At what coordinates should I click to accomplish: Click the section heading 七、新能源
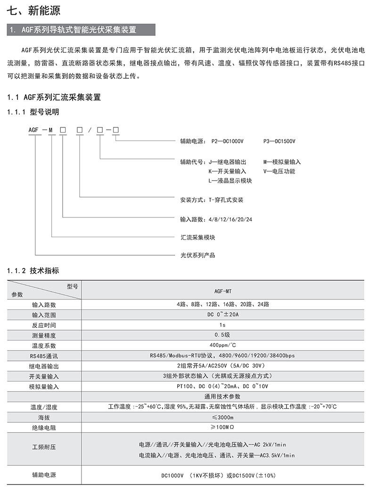coord(33,10)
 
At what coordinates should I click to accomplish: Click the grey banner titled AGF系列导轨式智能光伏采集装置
coord(80,30)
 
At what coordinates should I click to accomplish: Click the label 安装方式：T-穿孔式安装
coord(212,200)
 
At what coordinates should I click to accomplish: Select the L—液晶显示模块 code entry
coord(230,181)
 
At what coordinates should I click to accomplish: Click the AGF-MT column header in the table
coord(222,292)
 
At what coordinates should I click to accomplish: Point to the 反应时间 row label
coord(44,325)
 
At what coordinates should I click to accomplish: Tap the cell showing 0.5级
coord(222,335)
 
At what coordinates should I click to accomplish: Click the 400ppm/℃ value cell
coord(222,345)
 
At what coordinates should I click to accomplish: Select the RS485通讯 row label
coord(44,355)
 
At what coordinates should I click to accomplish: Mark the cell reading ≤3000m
coord(222,417)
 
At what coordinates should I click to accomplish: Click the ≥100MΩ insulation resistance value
coord(222,427)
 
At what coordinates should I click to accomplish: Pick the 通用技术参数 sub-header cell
coord(222,396)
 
